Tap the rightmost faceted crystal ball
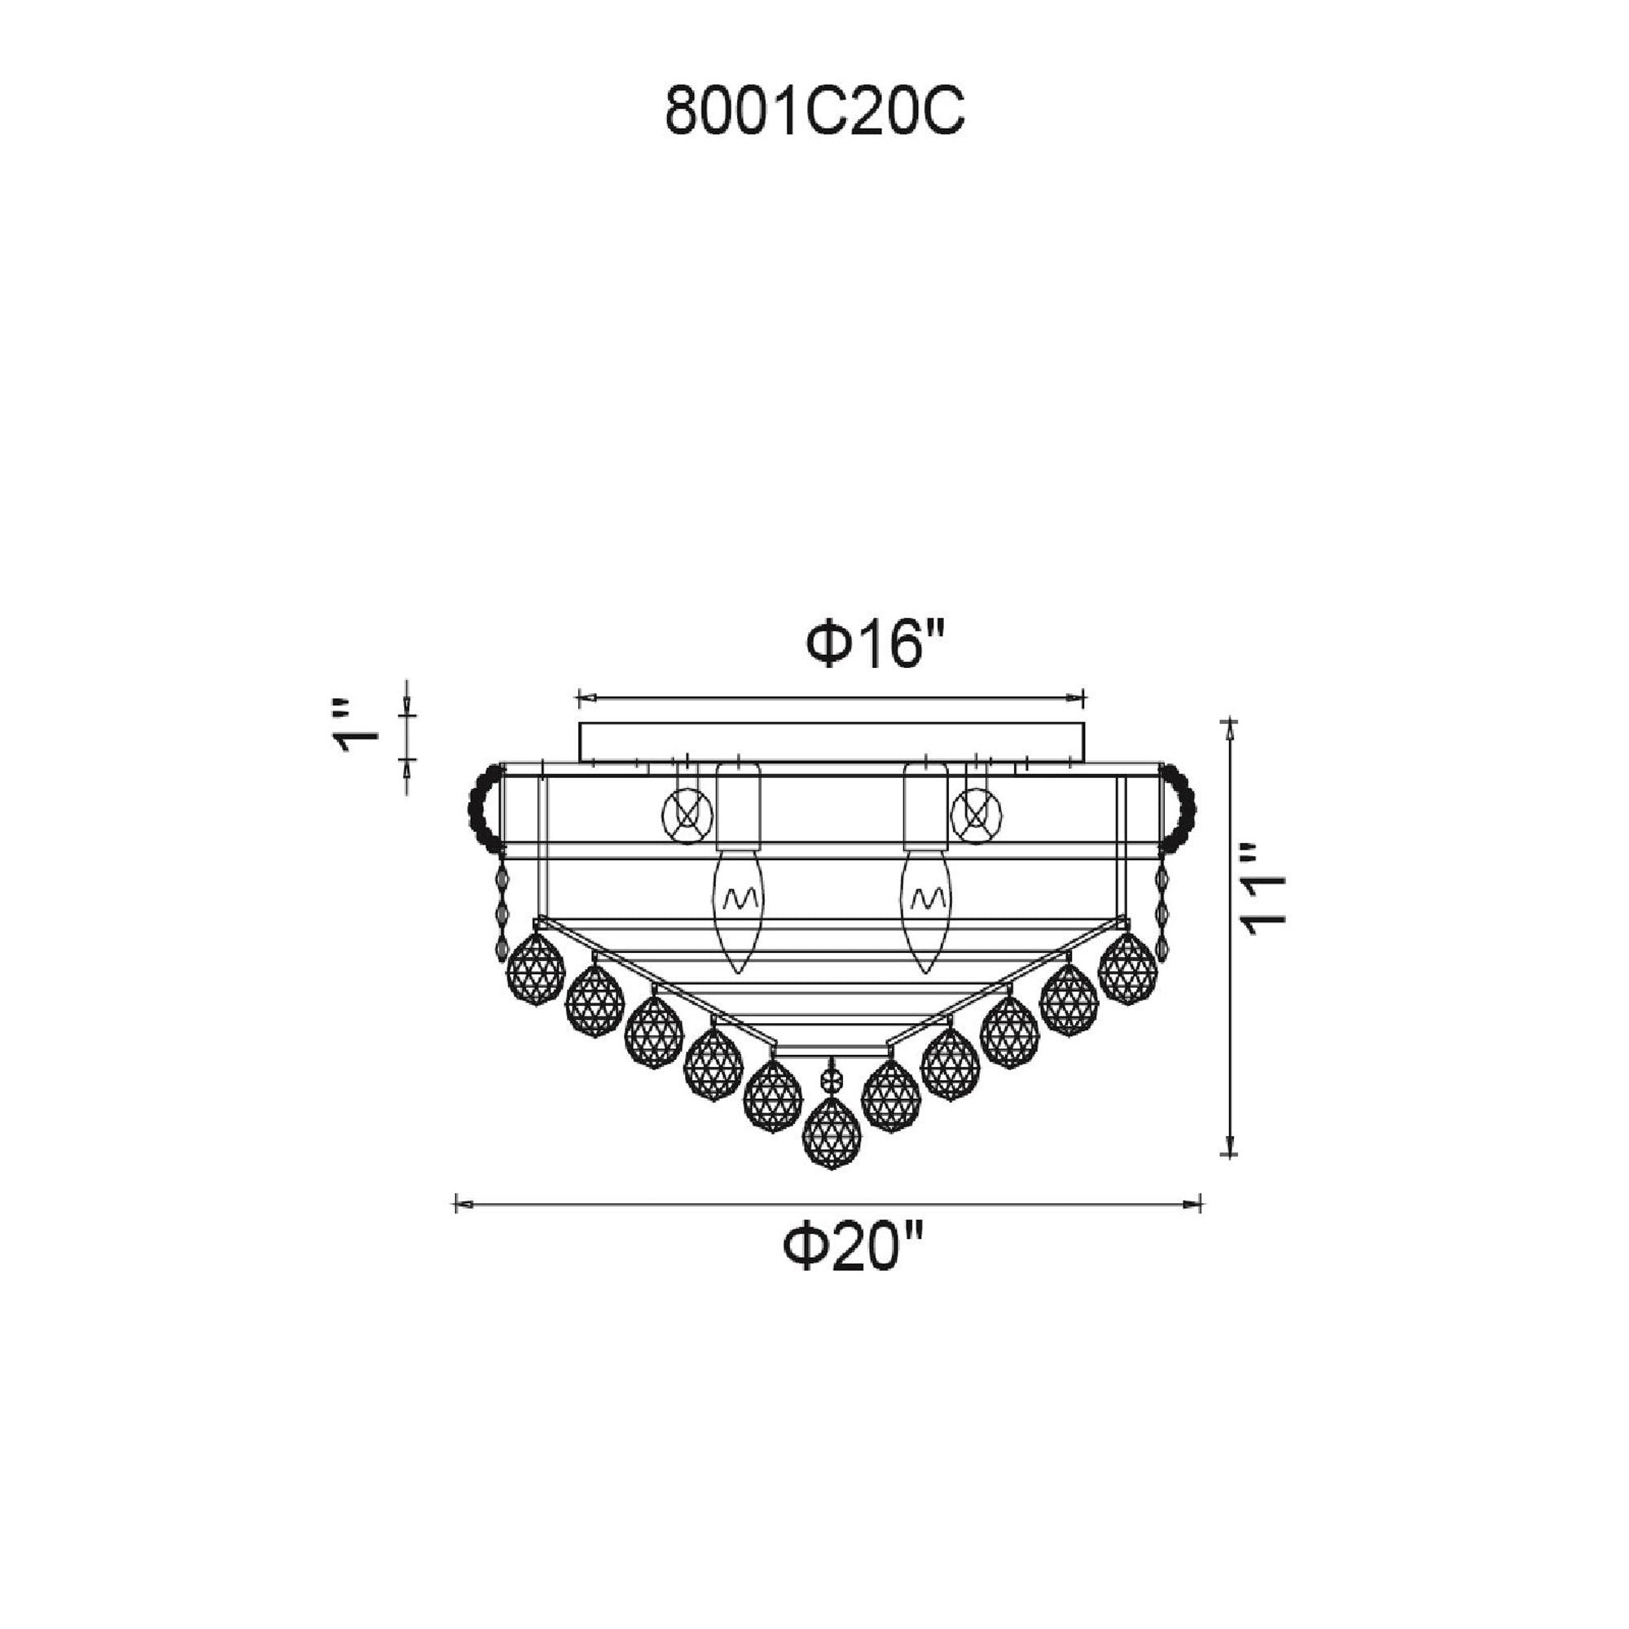(1128, 968)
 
